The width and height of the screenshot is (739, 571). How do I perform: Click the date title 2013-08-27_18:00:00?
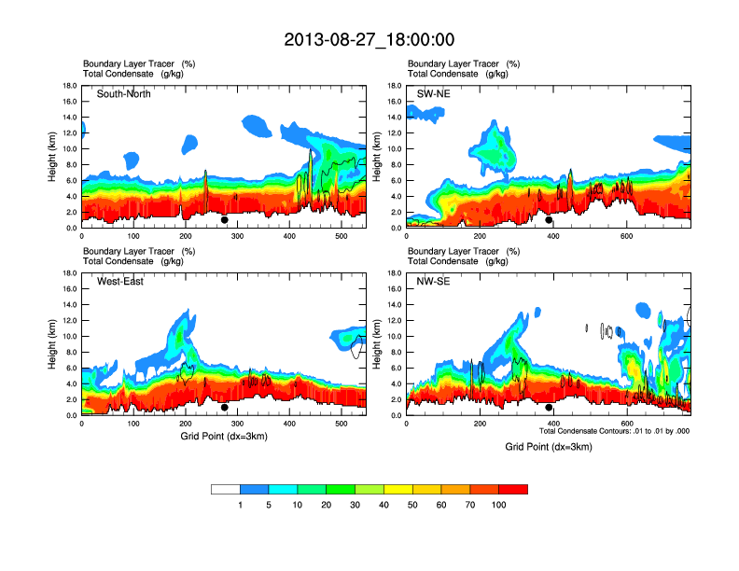pyautogui.click(x=369, y=39)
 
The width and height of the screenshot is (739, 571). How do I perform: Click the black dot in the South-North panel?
pyautogui.click(x=225, y=220)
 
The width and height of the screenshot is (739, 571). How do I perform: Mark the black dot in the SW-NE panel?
pyautogui.click(x=549, y=220)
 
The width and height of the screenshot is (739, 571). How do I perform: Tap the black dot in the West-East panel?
pyautogui.click(x=225, y=408)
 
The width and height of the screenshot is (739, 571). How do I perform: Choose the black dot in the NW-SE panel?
pyautogui.click(x=549, y=408)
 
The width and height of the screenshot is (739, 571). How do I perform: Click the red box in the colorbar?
pyautogui.click(x=513, y=489)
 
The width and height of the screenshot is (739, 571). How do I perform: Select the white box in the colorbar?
pyautogui.click(x=225, y=489)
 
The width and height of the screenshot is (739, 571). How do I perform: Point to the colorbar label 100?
pyautogui.click(x=499, y=505)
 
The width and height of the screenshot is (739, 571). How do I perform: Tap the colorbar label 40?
pyautogui.click(x=383, y=505)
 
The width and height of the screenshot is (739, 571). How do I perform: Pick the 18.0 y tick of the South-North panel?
pyautogui.click(x=69, y=86)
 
